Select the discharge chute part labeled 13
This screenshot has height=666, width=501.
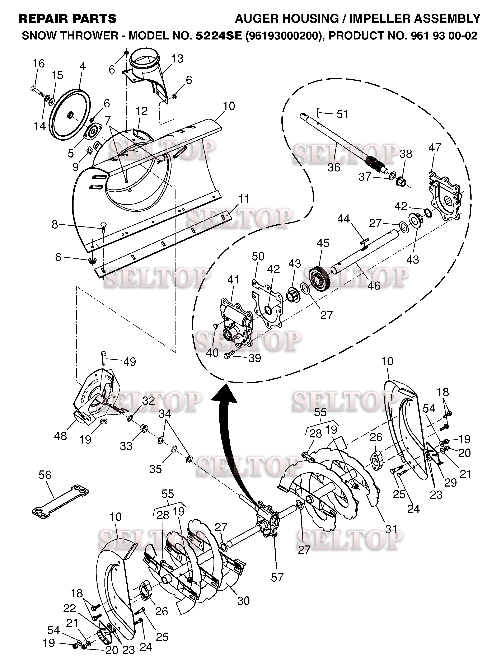pyautogui.click(x=148, y=75)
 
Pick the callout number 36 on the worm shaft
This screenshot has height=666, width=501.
pyautogui.click(x=334, y=167)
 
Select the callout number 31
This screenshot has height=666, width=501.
pyautogui.click(x=391, y=529)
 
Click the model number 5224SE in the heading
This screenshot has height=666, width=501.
pyautogui.click(x=219, y=36)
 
